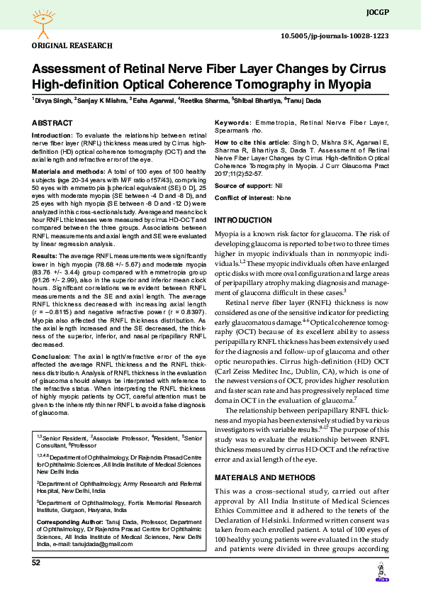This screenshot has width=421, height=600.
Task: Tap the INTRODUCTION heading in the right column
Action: (243, 221)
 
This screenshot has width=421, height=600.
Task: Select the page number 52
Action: (35, 562)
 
